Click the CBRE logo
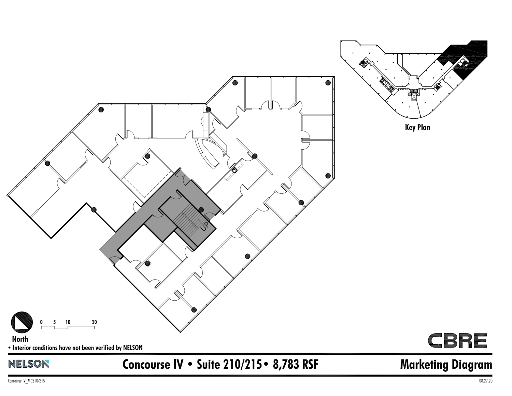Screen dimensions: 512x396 click(x=457, y=340)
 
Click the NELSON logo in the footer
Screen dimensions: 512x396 click(x=29, y=364)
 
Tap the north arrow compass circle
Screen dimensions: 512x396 click(x=22, y=322)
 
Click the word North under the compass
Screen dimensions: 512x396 click(x=20, y=339)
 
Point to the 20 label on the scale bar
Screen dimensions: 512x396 click(x=94, y=322)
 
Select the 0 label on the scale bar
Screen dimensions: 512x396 click(x=41, y=322)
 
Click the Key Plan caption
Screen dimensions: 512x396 click(x=417, y=127)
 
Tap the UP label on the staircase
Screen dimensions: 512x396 click(x=204, y=226)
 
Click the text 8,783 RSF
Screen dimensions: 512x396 click(x=296, y=364)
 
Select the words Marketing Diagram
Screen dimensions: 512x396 click(x=446, y=365)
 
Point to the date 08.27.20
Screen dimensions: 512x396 click(x=485, y=381)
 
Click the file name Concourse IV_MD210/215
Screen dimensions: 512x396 click(x=26, y=381)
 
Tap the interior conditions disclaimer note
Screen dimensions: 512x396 click(x=75, y=347)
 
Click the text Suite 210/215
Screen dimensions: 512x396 click(x=229, y=364)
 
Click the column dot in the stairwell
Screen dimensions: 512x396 click(x=201, y=210)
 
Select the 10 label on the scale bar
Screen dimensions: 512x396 click(x=68, y=322)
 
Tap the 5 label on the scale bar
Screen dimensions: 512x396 click(x=55, y=322)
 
